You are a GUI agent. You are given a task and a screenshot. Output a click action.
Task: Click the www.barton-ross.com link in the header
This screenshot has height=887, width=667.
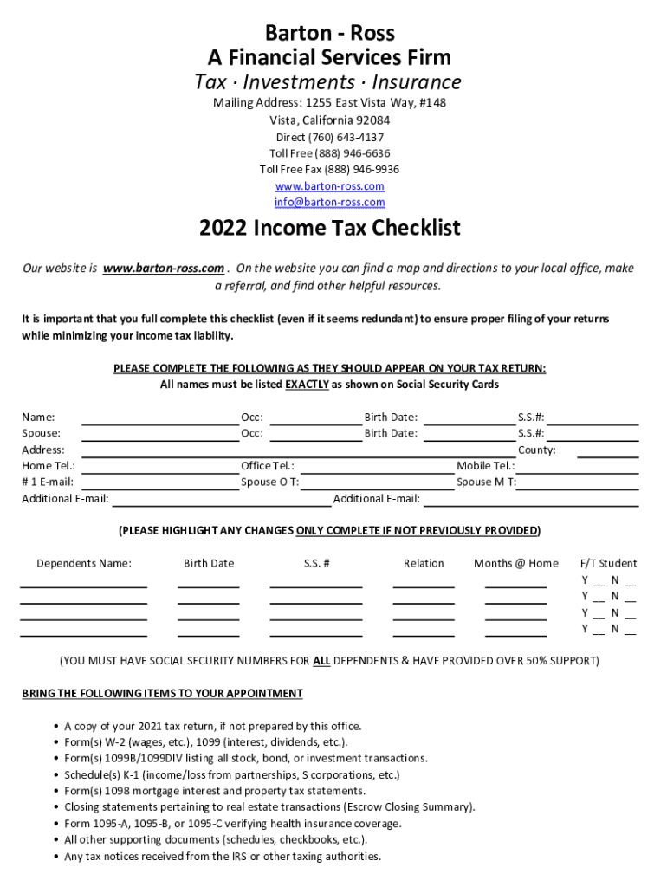(x=329, y=186)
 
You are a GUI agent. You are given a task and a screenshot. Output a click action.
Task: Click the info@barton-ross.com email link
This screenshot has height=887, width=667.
(x=329, y=203)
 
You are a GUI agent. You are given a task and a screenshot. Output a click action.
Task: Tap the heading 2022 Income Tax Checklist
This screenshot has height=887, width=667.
(x=329, y=229)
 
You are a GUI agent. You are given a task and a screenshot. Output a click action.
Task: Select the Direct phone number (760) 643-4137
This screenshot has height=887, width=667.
(x=329, y=138)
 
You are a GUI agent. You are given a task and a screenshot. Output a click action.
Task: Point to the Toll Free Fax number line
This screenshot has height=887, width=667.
(x=329, y=170)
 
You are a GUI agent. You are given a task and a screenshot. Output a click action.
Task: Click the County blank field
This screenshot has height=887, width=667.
(x=607, y=450)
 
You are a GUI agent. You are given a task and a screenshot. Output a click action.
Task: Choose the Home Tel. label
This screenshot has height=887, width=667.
(x=49, y=466)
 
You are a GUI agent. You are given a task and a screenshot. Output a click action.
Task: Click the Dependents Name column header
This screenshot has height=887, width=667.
(x=84, y=564)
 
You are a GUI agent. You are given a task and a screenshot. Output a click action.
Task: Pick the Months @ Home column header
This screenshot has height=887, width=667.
(x=515, y=564)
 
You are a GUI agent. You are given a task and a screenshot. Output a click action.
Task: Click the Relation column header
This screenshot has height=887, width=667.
(x=424, y=564)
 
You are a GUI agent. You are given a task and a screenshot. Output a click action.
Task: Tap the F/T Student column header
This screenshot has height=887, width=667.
(x=608, y=564)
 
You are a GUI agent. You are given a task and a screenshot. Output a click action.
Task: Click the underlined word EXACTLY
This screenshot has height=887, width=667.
(x=307, y=385)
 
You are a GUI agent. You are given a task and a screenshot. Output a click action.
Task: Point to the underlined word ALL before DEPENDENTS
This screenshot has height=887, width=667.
(x=321, y=661)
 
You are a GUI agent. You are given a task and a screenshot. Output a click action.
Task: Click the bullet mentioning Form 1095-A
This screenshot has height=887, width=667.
(x=233, y=824)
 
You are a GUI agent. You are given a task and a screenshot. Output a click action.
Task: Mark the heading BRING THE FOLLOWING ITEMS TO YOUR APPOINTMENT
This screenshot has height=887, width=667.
(x=162, y=694)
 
